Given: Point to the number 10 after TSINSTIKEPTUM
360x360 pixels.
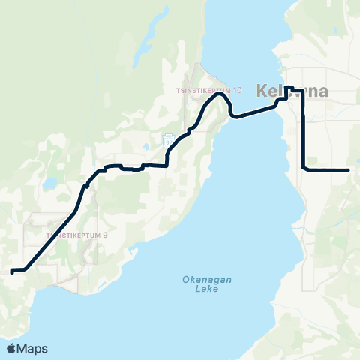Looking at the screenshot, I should click(x=237, y=91).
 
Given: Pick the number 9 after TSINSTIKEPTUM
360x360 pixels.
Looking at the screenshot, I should click(x=105, y=235).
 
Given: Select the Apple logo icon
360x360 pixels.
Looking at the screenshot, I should click(x=12, y=348).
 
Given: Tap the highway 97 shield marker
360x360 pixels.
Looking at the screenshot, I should click(x=168, y=140).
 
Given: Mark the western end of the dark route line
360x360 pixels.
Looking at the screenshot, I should click(x=12, y=270).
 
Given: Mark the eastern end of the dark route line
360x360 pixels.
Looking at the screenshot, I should click(x=349, y=170).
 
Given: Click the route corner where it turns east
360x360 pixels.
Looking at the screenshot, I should click(x=302, y=169).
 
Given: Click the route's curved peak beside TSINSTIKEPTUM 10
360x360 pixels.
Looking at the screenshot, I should click(x=220, y=94).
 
